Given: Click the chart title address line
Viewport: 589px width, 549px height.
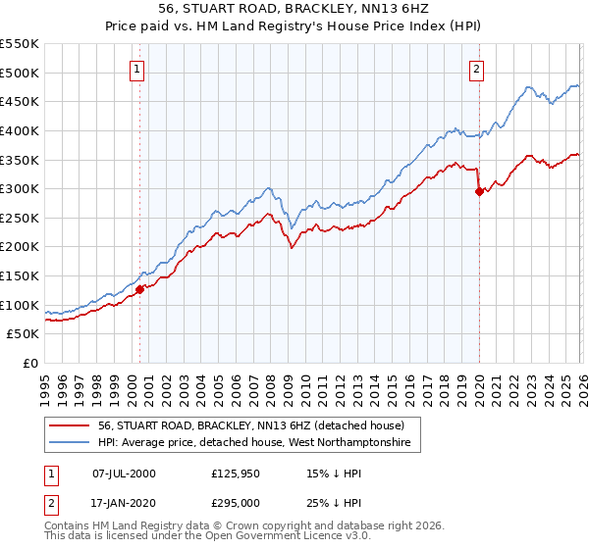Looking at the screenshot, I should pos(294,11).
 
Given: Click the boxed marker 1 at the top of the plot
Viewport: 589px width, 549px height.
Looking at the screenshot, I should pos(135,69).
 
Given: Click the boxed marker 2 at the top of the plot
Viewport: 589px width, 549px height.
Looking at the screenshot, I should pos(476,69).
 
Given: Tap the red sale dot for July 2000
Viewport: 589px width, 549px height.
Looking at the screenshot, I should pos(139,289).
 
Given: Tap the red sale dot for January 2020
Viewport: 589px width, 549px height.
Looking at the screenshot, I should pos(479,192).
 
